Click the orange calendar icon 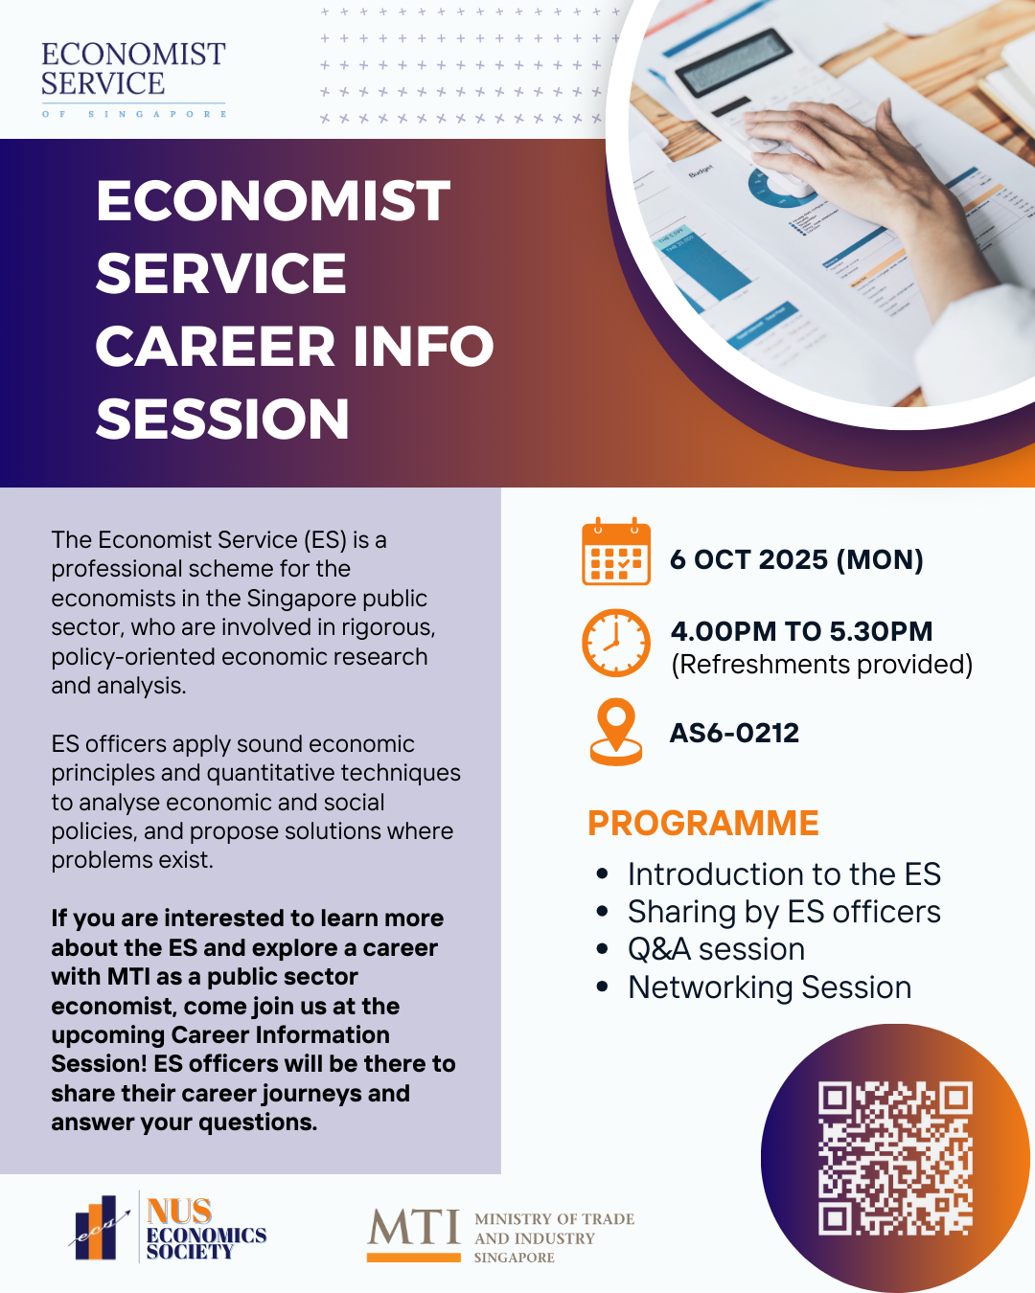click(x=616, y=553)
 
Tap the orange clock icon click(x=616, y=643)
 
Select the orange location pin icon click(x=616, y=732)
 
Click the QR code click(x=895, y=1158)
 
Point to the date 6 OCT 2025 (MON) click(x=796, y=559)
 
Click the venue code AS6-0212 click(x=734, y=733)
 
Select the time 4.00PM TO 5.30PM click(x=801, y=631)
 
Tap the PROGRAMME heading click(x=702, y=823)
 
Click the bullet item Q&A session click(x=716, y=949)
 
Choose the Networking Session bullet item click(x=770, y=987)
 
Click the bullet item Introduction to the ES click(x=784, y=874)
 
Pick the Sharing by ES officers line click(x=784, y=912)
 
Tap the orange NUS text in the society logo click(x=179, y=1212)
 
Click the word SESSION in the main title click(x=222, y=419)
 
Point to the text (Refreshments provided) click(x=821, y=665)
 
